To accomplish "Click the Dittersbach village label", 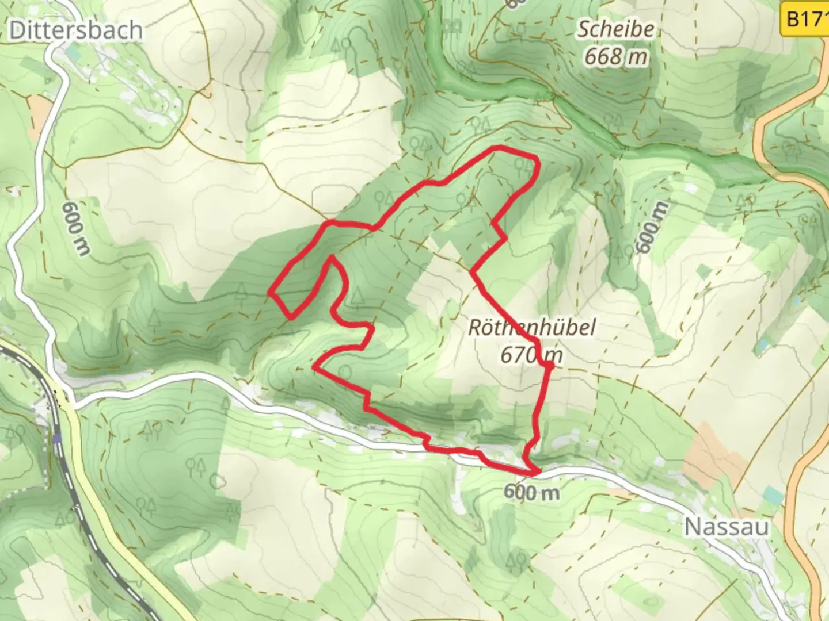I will pyautogui.click(x=76, y=30).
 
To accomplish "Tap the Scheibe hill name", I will pyautogui.click(x=616, y=29).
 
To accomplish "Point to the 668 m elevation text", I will pyautogui.click(x=616, y=56).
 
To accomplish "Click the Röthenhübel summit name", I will pyautogui.click(x=531, y=328).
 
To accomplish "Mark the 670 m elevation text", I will pyautogui.click(x=531, y=355).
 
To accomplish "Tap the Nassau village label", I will pyautogui.click(x=727, y=527).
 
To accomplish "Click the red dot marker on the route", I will pyautogui.click(x=549, y=365).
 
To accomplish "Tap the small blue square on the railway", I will pyautogui.click(x=56, y=439).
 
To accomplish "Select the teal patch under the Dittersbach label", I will pyautogui.click(x=74, y=53).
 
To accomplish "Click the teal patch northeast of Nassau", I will pyautogui.click(x=774, y=496).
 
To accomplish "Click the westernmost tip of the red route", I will pyautogui.click(x=269, y=293).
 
